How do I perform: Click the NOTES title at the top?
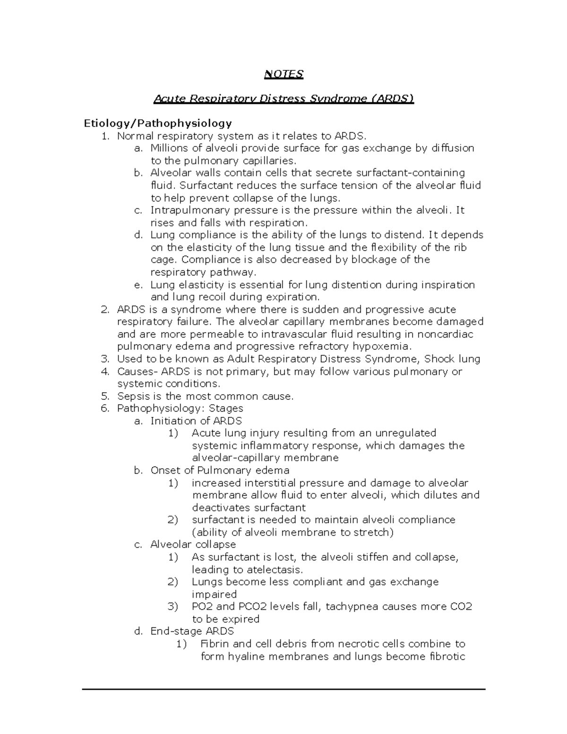click(283, 74)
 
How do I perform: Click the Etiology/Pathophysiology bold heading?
click(158, 123)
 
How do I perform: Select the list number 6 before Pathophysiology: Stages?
click(105, 408)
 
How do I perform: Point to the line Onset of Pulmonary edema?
click(220, 470)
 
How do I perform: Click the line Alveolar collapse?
click(193, 544)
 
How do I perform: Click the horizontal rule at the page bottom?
click(283, 690)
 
